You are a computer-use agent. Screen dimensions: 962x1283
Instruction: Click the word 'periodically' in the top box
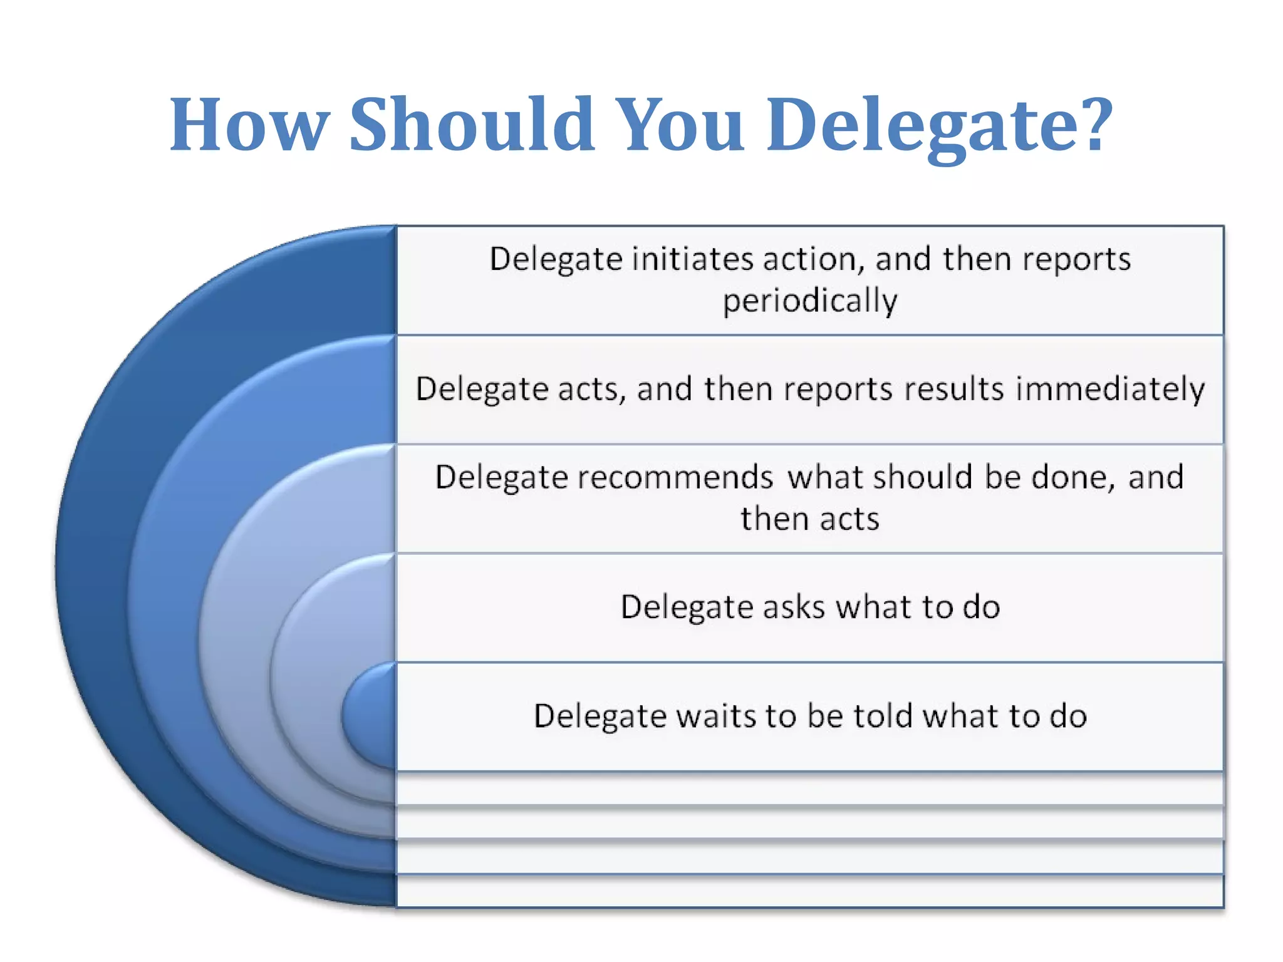(x=810, y=301)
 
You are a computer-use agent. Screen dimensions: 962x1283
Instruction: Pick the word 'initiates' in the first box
(x=692, y=259)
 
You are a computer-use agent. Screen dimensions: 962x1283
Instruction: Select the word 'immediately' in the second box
(x=1110, y=389)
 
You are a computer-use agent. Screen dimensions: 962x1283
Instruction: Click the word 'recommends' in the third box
(x=675, y=477)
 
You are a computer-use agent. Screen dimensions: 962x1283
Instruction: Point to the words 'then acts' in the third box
(x=810, y=519)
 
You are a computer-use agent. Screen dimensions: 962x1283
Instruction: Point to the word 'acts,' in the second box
(x=592, y=389)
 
